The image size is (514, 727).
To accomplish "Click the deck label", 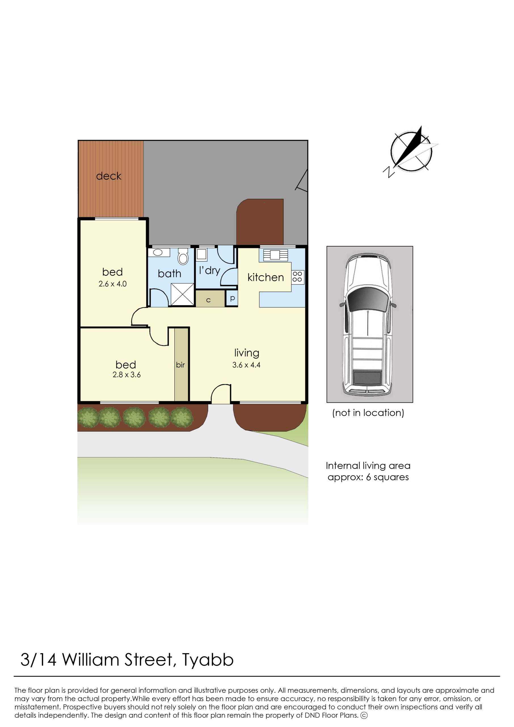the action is (109, 176).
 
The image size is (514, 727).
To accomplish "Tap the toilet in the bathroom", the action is (183, 256).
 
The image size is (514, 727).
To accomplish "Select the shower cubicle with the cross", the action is (182, 294).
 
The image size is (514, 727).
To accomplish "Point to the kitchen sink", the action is (275, 255).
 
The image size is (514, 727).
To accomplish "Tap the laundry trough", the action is (202, 255).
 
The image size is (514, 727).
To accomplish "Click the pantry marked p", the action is (232, 298).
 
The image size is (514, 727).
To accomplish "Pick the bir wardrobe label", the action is (180, 365).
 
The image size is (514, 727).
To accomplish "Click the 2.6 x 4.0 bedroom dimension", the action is (113, 284).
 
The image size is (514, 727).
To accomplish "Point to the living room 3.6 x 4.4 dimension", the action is (246, 365).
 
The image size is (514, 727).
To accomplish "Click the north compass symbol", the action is (411, 151).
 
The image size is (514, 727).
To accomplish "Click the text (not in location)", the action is (368, 413).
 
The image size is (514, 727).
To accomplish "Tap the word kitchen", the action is (266, 277).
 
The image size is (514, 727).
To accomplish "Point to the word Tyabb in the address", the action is (208, 657).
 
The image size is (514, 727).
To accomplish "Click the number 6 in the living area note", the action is (368, 477).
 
